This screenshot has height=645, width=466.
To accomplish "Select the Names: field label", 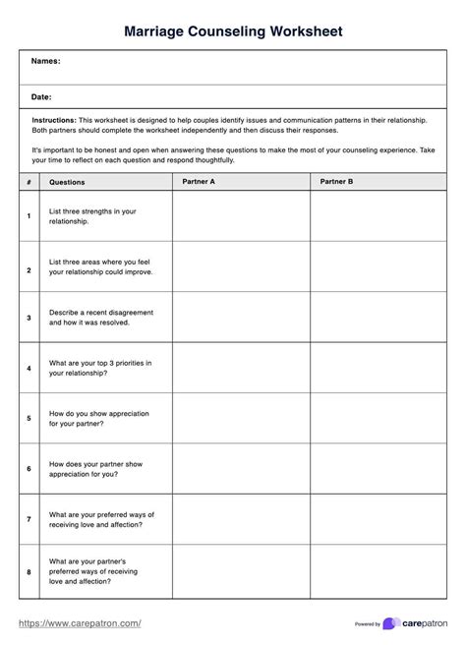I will [45, 61].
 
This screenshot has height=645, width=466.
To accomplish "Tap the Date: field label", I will [41, 97].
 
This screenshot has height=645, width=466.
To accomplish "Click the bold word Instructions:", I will [54, 119].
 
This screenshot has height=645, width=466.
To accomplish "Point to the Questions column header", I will [67, 182].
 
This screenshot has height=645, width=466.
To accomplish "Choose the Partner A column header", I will [199, 182].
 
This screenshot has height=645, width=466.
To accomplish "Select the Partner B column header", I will [337, 182].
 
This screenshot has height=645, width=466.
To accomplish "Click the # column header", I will [29, 182].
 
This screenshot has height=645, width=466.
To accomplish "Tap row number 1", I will [29, 216].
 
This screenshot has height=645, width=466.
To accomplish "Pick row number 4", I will [29, 369].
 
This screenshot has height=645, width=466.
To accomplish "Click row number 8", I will [29, 571].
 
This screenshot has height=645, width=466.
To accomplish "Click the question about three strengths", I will [92, 216].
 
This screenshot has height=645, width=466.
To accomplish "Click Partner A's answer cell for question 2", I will [241, 266].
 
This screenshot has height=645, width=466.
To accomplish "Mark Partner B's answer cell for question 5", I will [379, 419].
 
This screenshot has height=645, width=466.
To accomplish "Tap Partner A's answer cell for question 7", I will [241, 520].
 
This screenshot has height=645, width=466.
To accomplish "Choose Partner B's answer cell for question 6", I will [379, 470].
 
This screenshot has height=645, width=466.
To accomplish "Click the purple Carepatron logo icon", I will [391, 623].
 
